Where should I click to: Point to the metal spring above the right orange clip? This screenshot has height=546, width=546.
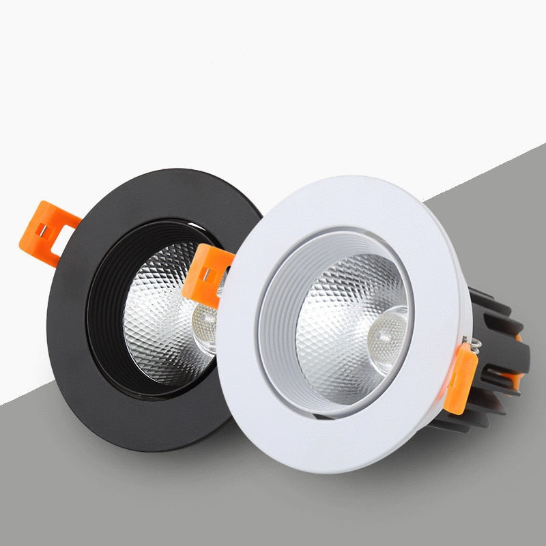click(x=465, y=341)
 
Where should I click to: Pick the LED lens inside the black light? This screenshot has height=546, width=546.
click(x=205, y=321)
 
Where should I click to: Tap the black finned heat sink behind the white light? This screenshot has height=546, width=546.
click(x=498, y=355)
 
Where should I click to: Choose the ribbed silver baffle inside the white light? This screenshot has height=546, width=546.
click(x=280, y=321)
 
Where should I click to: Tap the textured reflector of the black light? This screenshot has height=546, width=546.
click(x=164, y=321)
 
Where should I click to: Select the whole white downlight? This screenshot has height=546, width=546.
click(x=355, y=321)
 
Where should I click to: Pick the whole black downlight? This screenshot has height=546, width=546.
click(x=136, y=307)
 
